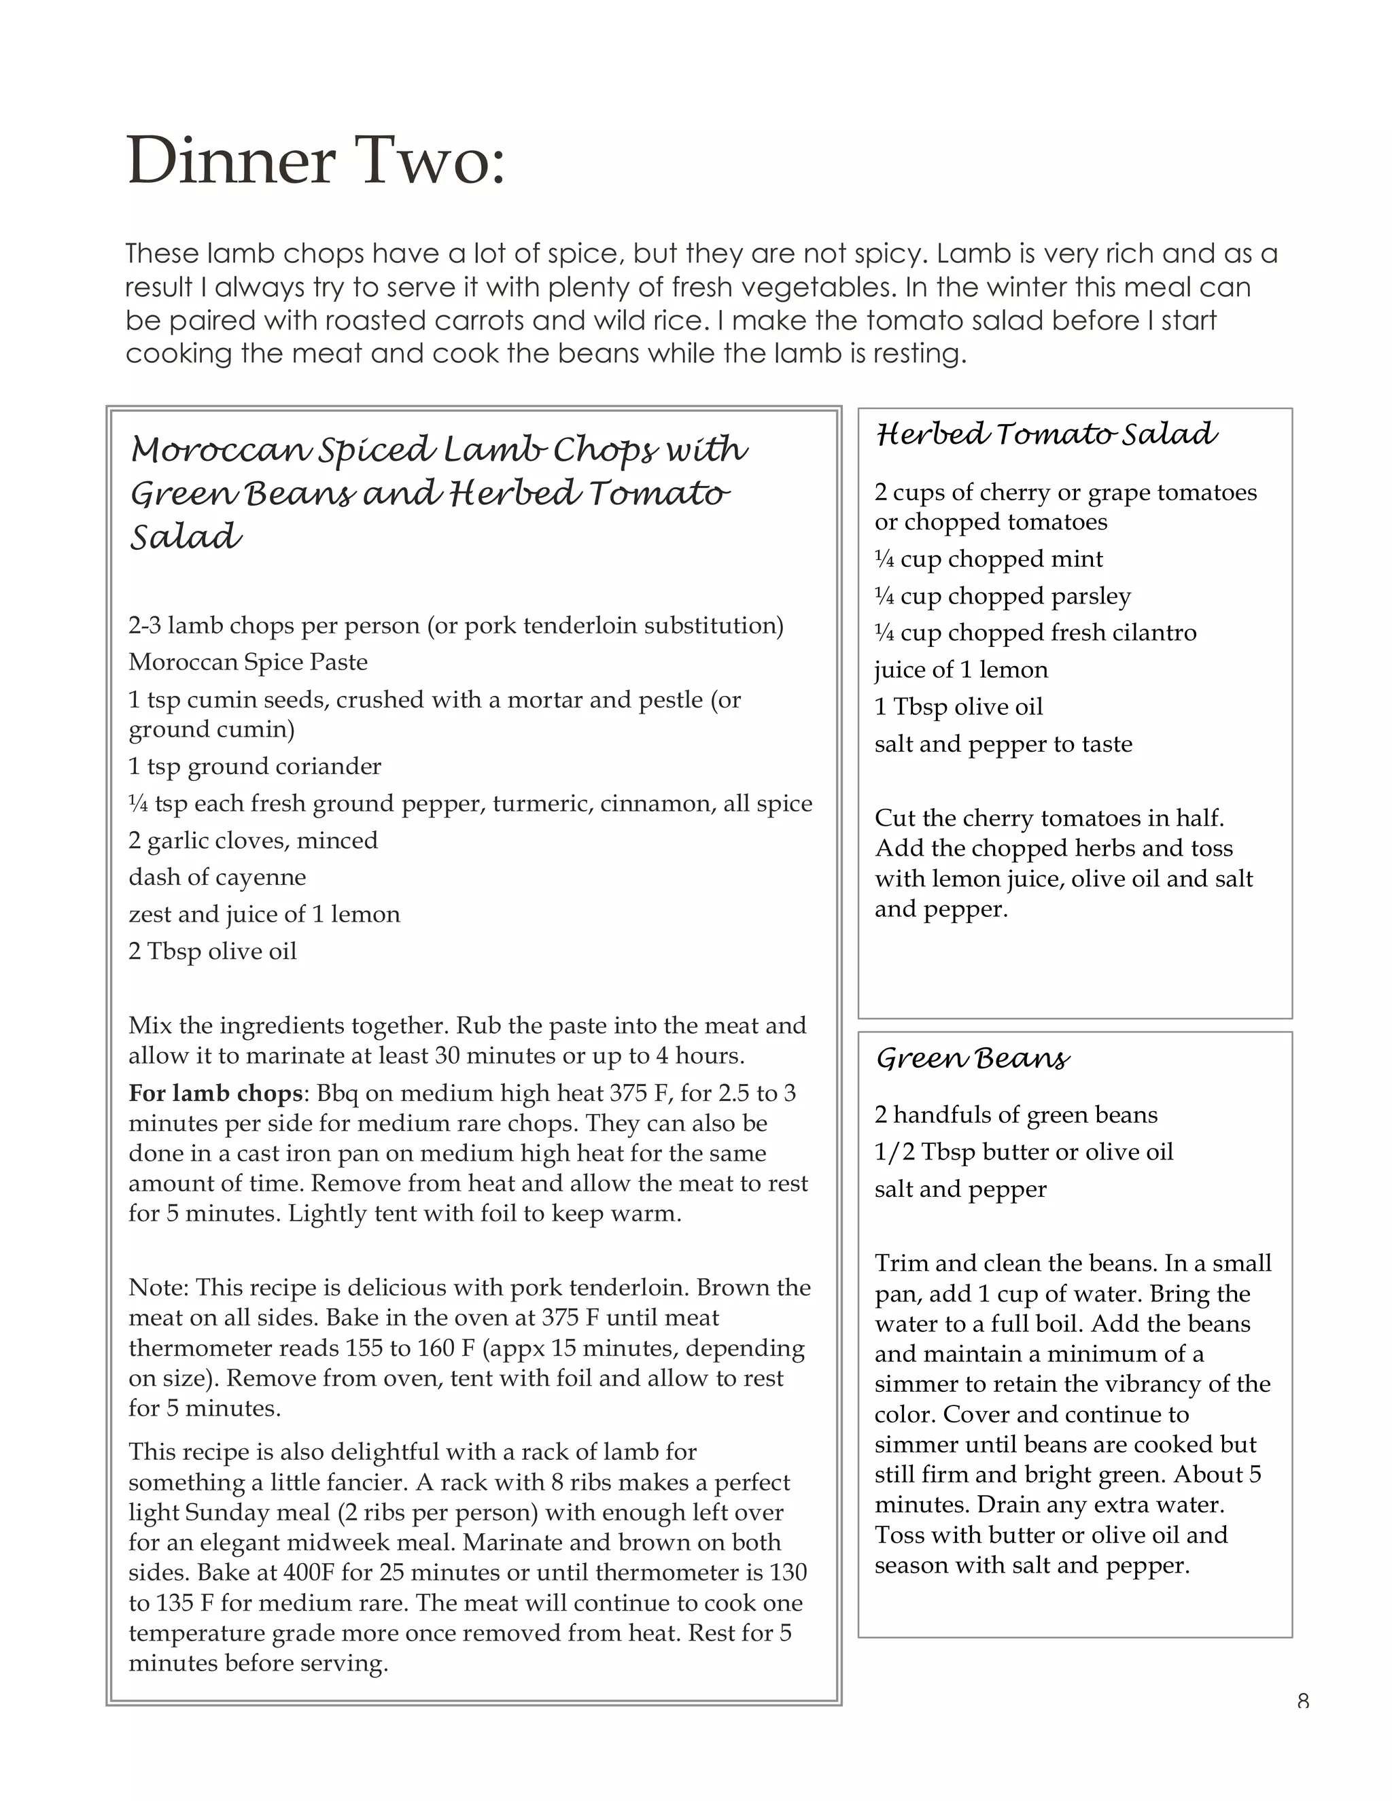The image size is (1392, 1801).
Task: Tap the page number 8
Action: click(x=1303, y=1700)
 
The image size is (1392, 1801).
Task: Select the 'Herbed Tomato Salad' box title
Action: click(x=1045, y=434)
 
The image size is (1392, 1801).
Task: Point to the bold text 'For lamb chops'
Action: click(x=216, y=1094)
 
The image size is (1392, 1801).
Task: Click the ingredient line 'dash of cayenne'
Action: click(x=217, y=877)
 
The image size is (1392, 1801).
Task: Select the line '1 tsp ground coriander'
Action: click(x=255, y=766)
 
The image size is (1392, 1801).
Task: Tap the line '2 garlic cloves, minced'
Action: click(x=253, y=840)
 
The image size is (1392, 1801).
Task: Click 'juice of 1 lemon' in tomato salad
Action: click(x=960, y=669)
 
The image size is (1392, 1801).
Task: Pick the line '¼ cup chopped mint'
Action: click(x=988, y=559)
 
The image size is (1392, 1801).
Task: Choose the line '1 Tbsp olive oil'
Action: click(x=958, y=707)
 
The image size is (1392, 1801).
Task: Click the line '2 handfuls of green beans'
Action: click(x=1016, y=1115)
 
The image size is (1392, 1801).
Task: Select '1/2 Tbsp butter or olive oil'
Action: click(x=1024, y=1152)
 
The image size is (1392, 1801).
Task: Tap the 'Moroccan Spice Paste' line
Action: click(x=248, y=662)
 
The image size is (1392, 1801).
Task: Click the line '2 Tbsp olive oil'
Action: click(x=213, y=951)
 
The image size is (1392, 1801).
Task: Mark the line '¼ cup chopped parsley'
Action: click(x=1002, y=596)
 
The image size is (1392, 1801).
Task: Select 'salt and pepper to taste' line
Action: click(x=1003, y=744)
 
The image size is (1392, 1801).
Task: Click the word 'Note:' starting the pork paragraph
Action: click(x=158, y=1288)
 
